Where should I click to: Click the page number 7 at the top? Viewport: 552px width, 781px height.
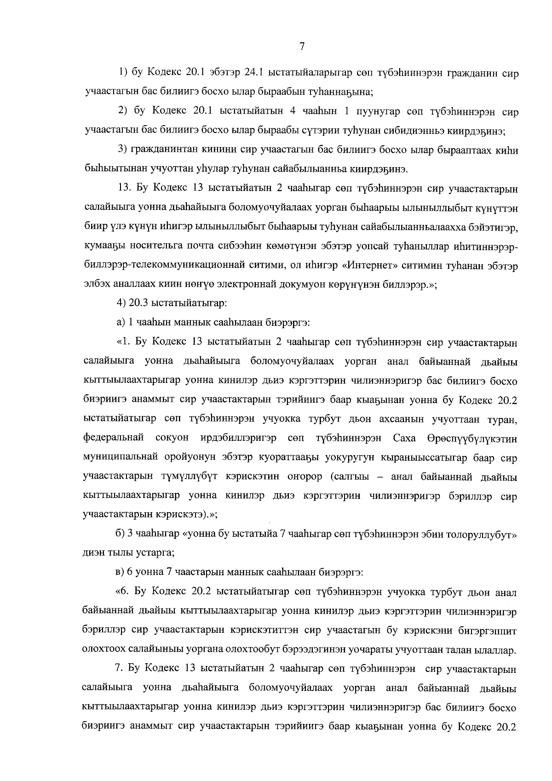(x=301, y=46)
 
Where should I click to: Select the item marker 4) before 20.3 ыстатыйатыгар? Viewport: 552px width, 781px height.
(x=121, y=304)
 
